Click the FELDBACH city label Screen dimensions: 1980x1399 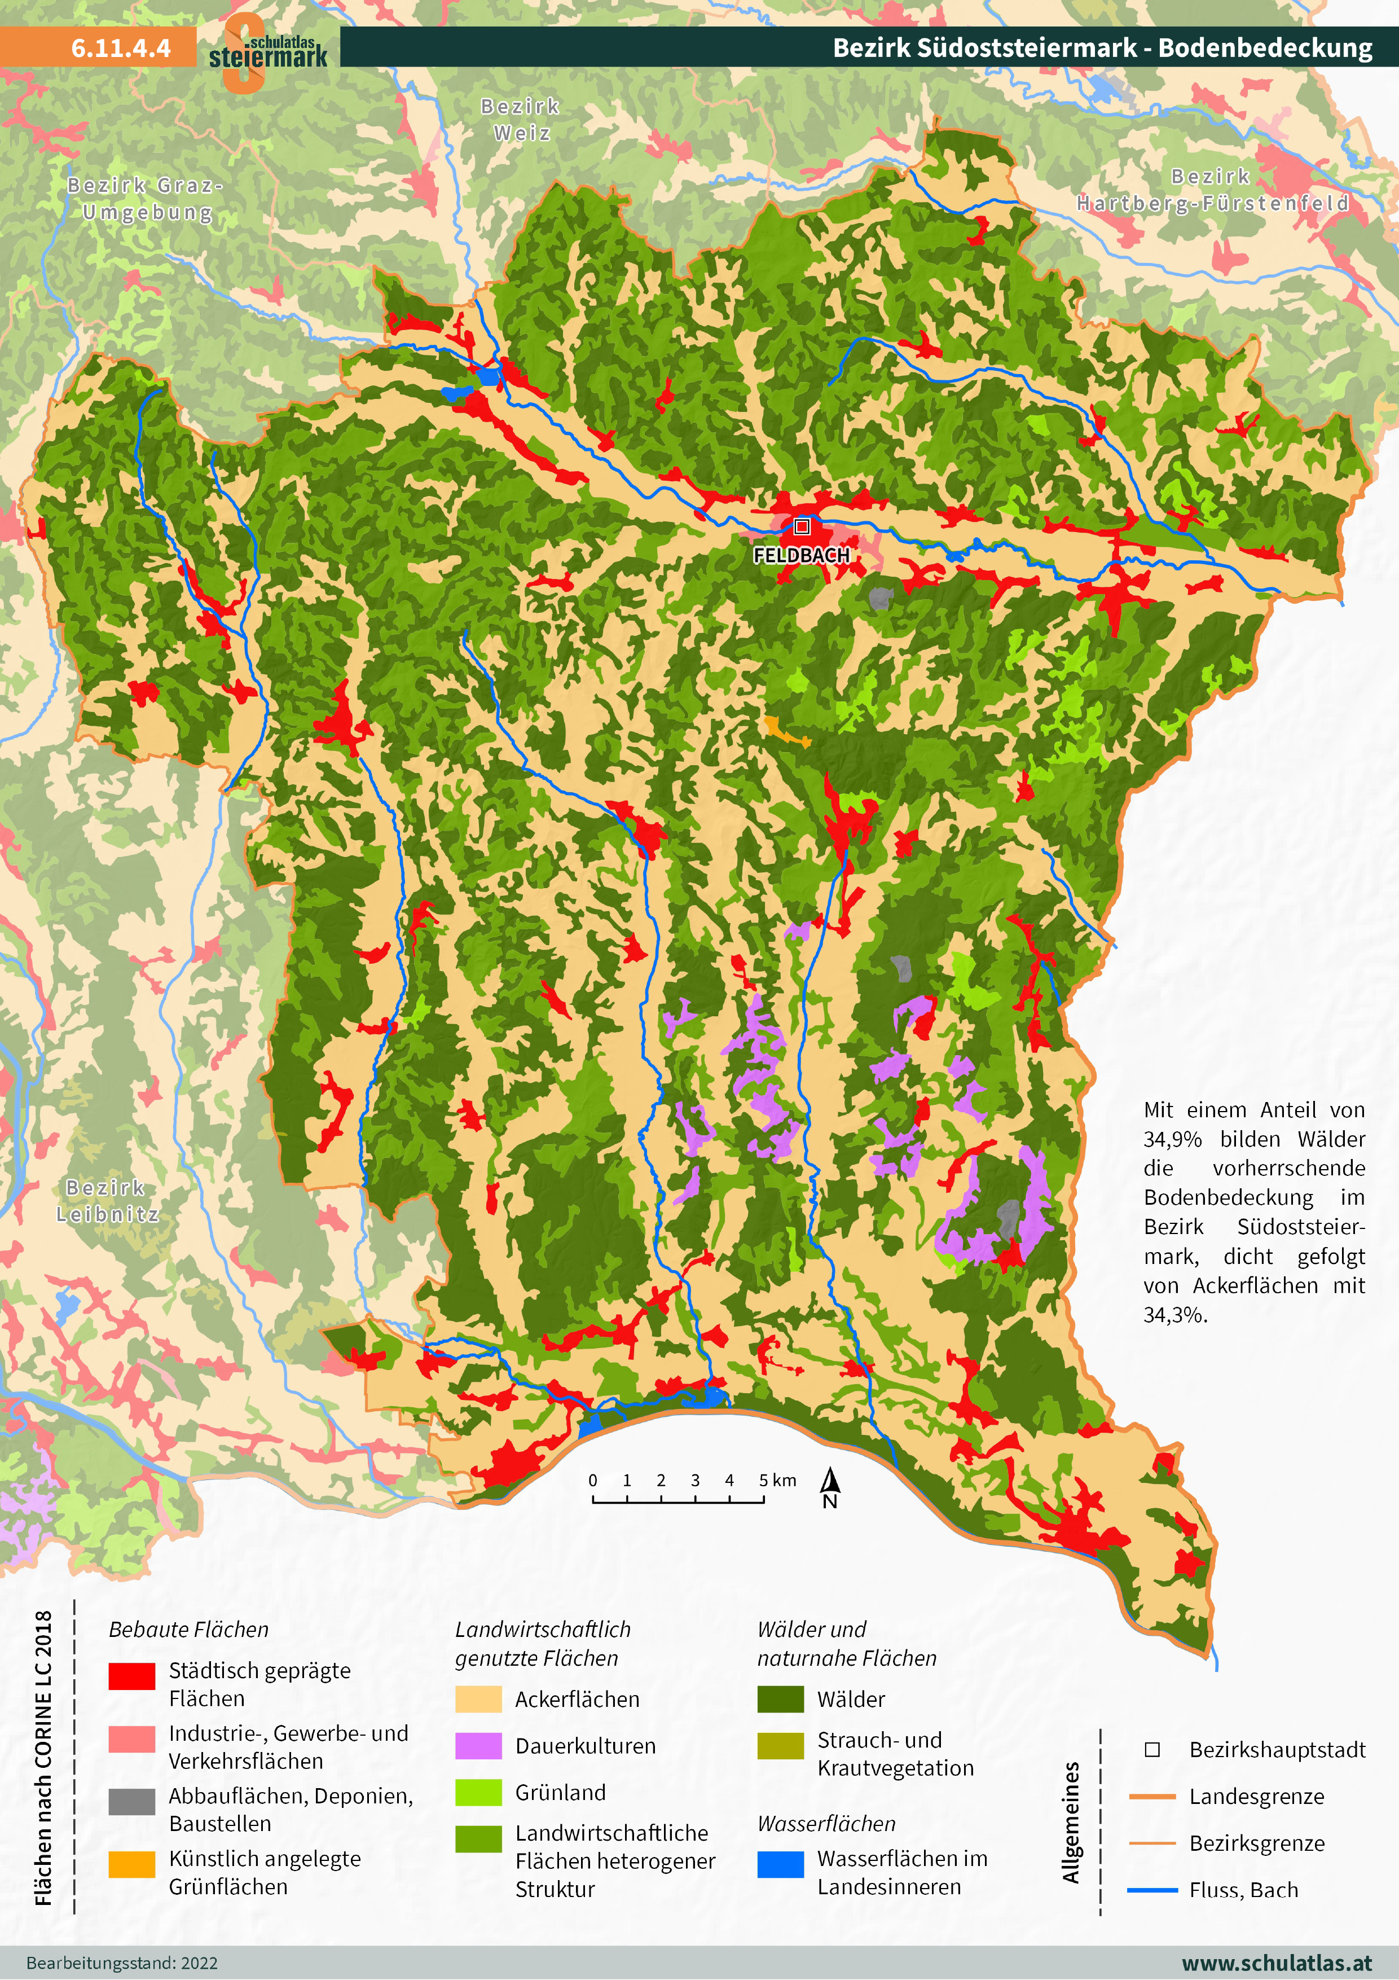click(x=801, y=555)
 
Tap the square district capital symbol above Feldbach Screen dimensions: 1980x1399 click(x=802, y=526)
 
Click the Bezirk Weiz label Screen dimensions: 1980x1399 click(x=521, y=120)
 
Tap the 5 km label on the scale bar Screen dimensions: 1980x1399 click(x=777, y=1480)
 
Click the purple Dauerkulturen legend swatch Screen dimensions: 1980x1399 click(x=478, y=1746)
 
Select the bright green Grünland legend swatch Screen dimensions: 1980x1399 click(x=478, y=1793)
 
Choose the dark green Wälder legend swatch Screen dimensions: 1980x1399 click(x=780, y=1700)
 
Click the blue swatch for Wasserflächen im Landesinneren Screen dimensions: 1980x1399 click(x=780, y=1864)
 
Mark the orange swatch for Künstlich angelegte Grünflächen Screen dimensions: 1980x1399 click(x=132, y=1864)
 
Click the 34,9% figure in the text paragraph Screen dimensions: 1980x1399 click(x=1172, y=1139)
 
